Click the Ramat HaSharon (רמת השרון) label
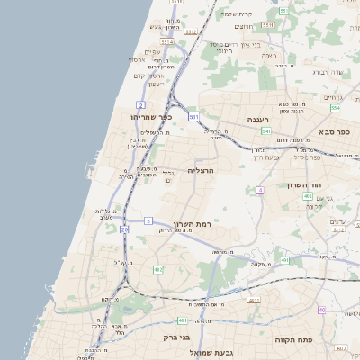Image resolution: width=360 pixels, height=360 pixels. pos(193,222)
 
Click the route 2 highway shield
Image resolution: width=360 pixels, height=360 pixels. pos(140,105)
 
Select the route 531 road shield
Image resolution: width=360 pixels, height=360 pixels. pos(193,117)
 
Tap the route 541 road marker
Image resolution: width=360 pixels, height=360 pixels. pos(266,130)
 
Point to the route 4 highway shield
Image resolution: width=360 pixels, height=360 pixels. pos(260,190)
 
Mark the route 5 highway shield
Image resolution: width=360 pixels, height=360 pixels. pos(148,220)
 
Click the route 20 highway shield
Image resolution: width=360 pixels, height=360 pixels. pos(124,230)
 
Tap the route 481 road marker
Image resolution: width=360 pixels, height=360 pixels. pos(253,300)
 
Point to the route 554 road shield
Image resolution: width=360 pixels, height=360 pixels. pos(335,108)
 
